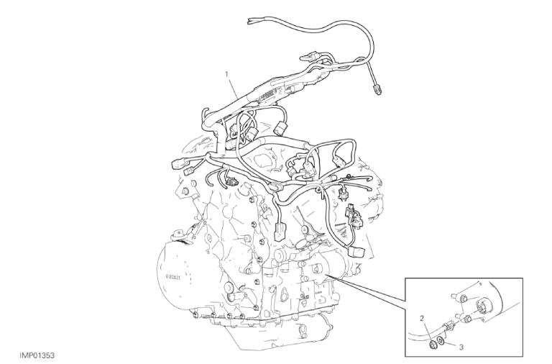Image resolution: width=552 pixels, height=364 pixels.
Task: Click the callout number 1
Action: [x=226, y=74]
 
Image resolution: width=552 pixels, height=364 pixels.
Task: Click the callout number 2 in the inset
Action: [x=423, y=319]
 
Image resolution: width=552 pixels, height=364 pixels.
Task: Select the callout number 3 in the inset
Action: [x=461, y=347]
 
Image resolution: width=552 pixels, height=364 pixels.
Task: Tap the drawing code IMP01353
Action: [x=37, y=356]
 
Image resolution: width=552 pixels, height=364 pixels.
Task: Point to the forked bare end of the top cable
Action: [x=252, y=20]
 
